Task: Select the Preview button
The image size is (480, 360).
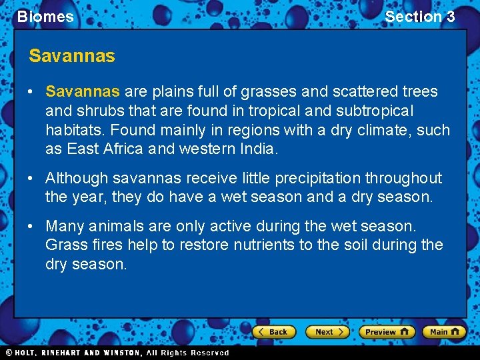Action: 387,331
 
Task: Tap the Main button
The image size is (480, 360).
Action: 445,331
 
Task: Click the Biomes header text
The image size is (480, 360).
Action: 45,17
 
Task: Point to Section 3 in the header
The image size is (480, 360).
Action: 420,17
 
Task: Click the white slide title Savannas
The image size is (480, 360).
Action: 72,56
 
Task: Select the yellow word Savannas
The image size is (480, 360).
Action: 83,91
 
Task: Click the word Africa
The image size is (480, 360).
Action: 123,149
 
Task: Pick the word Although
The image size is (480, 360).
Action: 76,178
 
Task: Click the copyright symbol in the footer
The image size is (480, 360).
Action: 9,353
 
